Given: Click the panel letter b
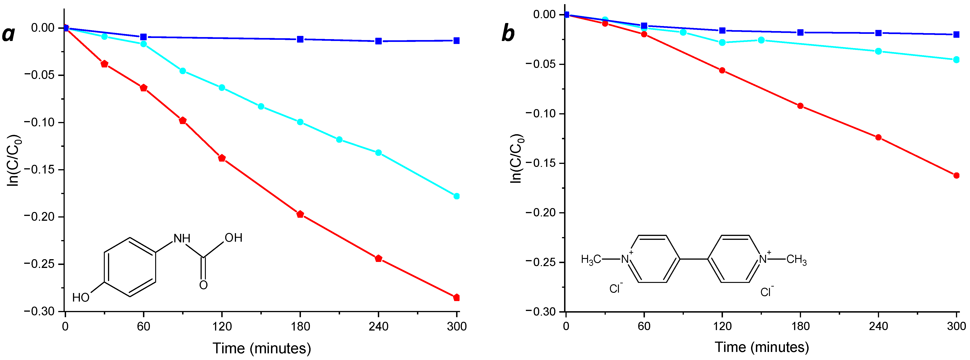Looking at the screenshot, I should (x=508, y=34).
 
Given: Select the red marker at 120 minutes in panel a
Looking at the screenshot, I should (x=222, y=158).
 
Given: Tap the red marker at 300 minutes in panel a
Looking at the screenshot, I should (x=456, y=297).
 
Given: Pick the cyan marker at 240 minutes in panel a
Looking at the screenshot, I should (x=379, y=153).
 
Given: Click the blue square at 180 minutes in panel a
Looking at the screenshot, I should (x=300, y=39).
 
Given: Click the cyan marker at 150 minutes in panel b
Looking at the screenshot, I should (x=761, y=40).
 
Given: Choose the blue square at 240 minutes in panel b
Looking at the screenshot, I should (x=879, y=33).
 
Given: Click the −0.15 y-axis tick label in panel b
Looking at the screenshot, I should (x=540, y=163).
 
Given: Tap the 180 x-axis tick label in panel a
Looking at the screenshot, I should (x=300, y=326).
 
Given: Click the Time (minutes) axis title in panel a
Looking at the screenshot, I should (x=262, y=348).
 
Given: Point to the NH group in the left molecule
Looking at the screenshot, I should (x=182, y=238).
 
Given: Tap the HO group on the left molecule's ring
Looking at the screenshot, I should (x=81, y=297).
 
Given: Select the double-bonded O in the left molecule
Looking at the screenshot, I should (x=203, y=285).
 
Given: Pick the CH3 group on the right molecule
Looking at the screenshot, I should (x=796, y=259).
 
